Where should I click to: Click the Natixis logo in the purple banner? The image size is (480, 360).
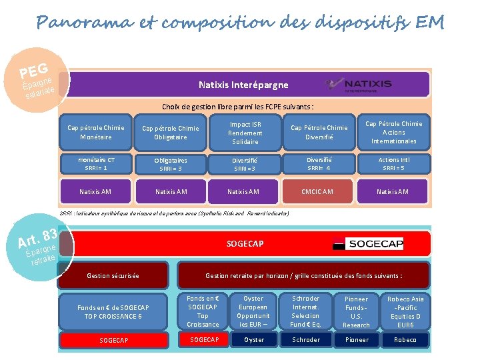pyautogui.click(x=359, y=85)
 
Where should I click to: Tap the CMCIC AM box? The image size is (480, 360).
pyautogui.click(x=318, y=192)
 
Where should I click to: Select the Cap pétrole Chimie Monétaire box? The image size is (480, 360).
pyautogui.click(x=95, y=132)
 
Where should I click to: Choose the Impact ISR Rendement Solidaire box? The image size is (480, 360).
pyautogui.click(x=245, y=133)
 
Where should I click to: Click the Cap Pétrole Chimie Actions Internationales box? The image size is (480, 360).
pyautogui.click(x=393, y=132)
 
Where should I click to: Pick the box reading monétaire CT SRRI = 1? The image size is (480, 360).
pyautogui.click(x=95, y=164)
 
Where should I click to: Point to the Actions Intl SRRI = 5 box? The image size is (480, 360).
pyautogui.click(x=393, y=164)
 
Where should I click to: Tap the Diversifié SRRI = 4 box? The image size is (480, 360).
pyautogui.click(x=318, y=164)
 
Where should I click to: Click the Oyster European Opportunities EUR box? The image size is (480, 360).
pyautogui.click(x=253, y=311)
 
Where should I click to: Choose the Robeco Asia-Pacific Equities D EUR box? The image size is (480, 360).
pyautogui.click(x=405, y=312)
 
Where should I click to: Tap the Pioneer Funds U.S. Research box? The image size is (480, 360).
pyautogui.click(x=356, y=312)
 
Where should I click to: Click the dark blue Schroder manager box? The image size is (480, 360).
pyautogui.click(x=305, y=340)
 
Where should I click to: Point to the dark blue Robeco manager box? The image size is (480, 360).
pyautogui.click(x=405, y=340)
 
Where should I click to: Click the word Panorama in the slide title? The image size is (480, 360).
pyautogui.click(x=77, y=23)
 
